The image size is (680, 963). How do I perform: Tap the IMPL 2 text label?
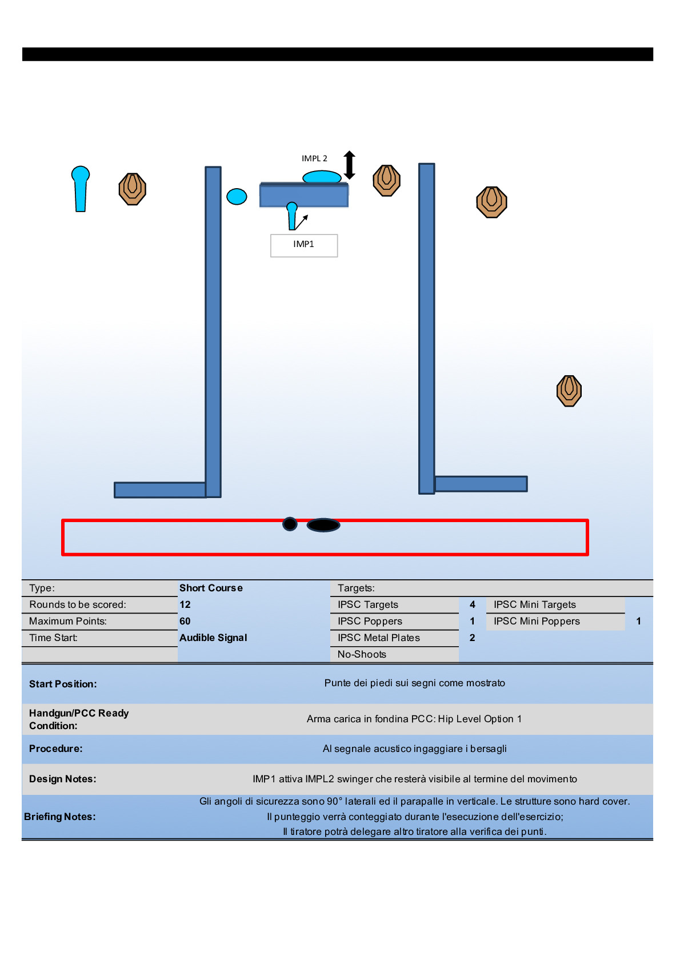314,158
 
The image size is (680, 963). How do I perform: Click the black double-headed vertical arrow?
350,165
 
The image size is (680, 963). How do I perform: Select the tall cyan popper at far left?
81,189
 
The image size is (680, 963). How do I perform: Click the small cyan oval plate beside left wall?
237,197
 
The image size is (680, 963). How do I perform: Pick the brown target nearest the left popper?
133,189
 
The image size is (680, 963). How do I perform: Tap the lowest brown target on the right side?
569,391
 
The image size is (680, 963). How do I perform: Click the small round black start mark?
290,524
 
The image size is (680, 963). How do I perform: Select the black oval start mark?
323,525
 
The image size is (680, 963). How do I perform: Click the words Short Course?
211,588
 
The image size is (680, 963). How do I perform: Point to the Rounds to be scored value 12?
185,604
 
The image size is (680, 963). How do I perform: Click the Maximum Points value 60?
185,621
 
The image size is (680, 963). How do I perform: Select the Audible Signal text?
213,638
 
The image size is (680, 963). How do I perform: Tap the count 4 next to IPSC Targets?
473,604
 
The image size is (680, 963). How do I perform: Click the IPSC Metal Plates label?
378,638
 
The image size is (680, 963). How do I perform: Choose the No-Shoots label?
362,654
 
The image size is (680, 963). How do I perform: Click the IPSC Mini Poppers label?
537,621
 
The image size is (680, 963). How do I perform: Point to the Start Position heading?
63,684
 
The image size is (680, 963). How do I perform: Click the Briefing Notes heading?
60,817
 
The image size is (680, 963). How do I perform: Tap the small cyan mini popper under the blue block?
292,216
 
